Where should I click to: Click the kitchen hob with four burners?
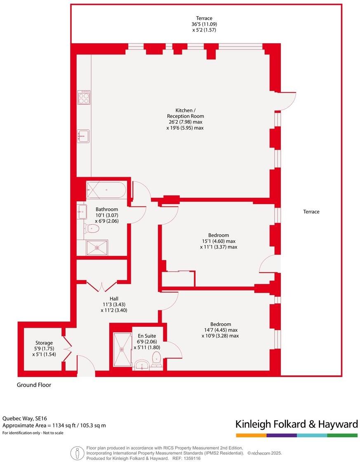pos(84,97)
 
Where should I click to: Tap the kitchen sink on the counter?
pos(83,136)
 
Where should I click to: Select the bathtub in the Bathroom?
pos(106,190)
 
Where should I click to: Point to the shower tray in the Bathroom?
pos(97,248)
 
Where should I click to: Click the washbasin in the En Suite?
pos(142,364)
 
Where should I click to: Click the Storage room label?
pos(44,343)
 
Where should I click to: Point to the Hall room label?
pos(114,299)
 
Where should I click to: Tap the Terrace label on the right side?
pos(311,212)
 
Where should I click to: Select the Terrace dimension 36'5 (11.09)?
pos(204,24)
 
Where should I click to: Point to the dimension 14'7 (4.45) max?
pos(220,330)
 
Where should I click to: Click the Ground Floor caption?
pos(34,385)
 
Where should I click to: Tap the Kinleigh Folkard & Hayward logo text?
pos(296,424)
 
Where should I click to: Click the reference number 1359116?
pos(192,458)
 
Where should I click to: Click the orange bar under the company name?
pos(251,435)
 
